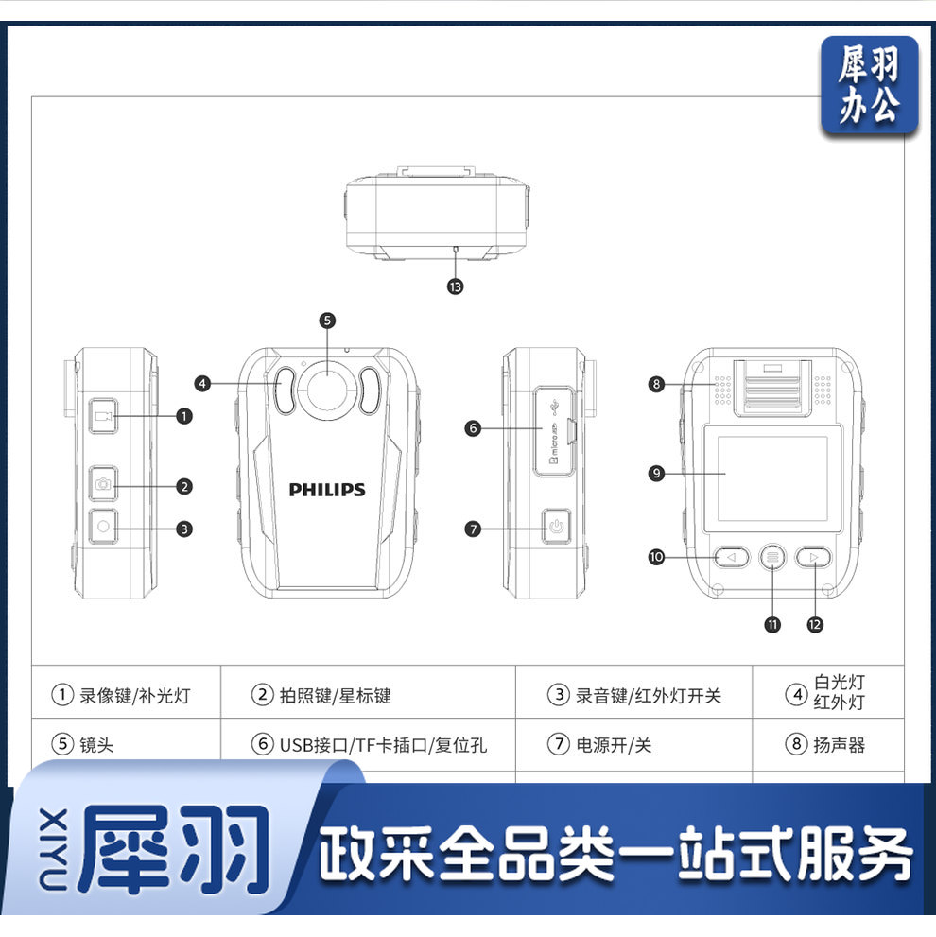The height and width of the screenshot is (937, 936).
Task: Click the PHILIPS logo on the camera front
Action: coord(327,490)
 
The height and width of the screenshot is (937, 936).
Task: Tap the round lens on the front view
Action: coord(327,387)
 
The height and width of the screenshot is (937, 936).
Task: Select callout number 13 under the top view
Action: coord(457,286)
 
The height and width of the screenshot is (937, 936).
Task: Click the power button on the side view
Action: coord(556,526)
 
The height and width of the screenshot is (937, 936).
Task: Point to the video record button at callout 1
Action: coord(104,415)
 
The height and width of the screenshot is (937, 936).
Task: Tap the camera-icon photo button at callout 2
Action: coord(103,485)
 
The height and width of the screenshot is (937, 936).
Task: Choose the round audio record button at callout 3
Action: coord(103,527)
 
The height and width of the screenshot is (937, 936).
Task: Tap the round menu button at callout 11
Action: coord(773,557)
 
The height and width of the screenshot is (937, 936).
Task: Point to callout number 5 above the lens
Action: coord(327,321)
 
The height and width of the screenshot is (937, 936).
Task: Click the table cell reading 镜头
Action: coord(126,745)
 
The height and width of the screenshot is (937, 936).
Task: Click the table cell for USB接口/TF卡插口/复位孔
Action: coord(369,745)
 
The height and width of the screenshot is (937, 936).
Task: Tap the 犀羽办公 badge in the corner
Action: coord(869,85)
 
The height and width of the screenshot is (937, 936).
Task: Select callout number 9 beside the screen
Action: coord(657,473)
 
